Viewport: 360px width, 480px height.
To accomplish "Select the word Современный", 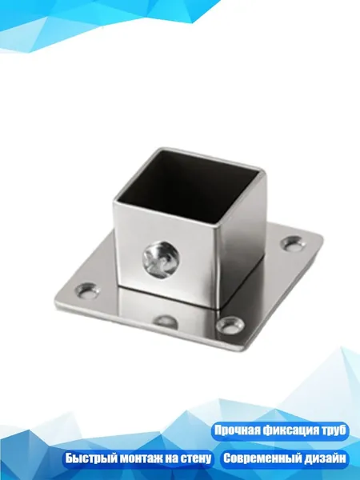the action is point(262,458).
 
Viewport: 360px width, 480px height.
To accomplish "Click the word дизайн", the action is point(326,458).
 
